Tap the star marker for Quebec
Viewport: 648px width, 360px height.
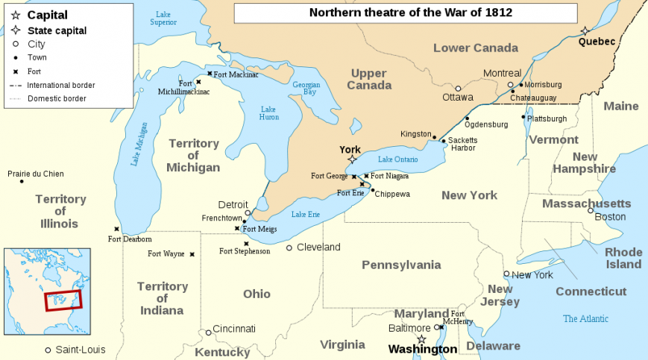pyautogui.click(x=585, y=31)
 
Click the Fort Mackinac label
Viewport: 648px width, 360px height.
pyautogui.click(x=236, y=74)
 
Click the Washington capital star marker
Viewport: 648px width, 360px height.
pyautogui.click(x=421, y=339)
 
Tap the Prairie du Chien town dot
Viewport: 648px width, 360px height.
pyautogui.click(x=22, y=181)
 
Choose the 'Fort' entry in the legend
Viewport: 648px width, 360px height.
pyautogui.click(x=35, y=72)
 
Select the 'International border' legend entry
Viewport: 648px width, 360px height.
pyautogui.click(x=60, y=85)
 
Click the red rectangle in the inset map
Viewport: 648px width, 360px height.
pyautogui.click(x=63, y=301)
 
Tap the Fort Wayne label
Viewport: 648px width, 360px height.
pyautogui.click(x=166, y=254)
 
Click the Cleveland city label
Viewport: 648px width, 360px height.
pyautogui.click(x=318, y=247)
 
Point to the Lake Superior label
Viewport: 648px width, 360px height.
pyautogui.click(x=163, y=18)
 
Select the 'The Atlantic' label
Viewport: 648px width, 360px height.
pyautogui.click(x=585, y=319)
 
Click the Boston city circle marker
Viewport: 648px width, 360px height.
pyautogui.click(x=591, y=211)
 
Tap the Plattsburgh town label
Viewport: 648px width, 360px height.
pyautogui.click(x=547, y=119)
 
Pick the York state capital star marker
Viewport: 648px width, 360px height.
pyautogui.click(x=352, y=159)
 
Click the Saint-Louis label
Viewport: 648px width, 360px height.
pyautogui.click(x=81, y=350)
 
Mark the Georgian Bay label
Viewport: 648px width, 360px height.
pyautogui.click(x=306, y=88)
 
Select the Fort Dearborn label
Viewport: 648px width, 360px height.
pyautogui.click(x=130, y=239)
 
